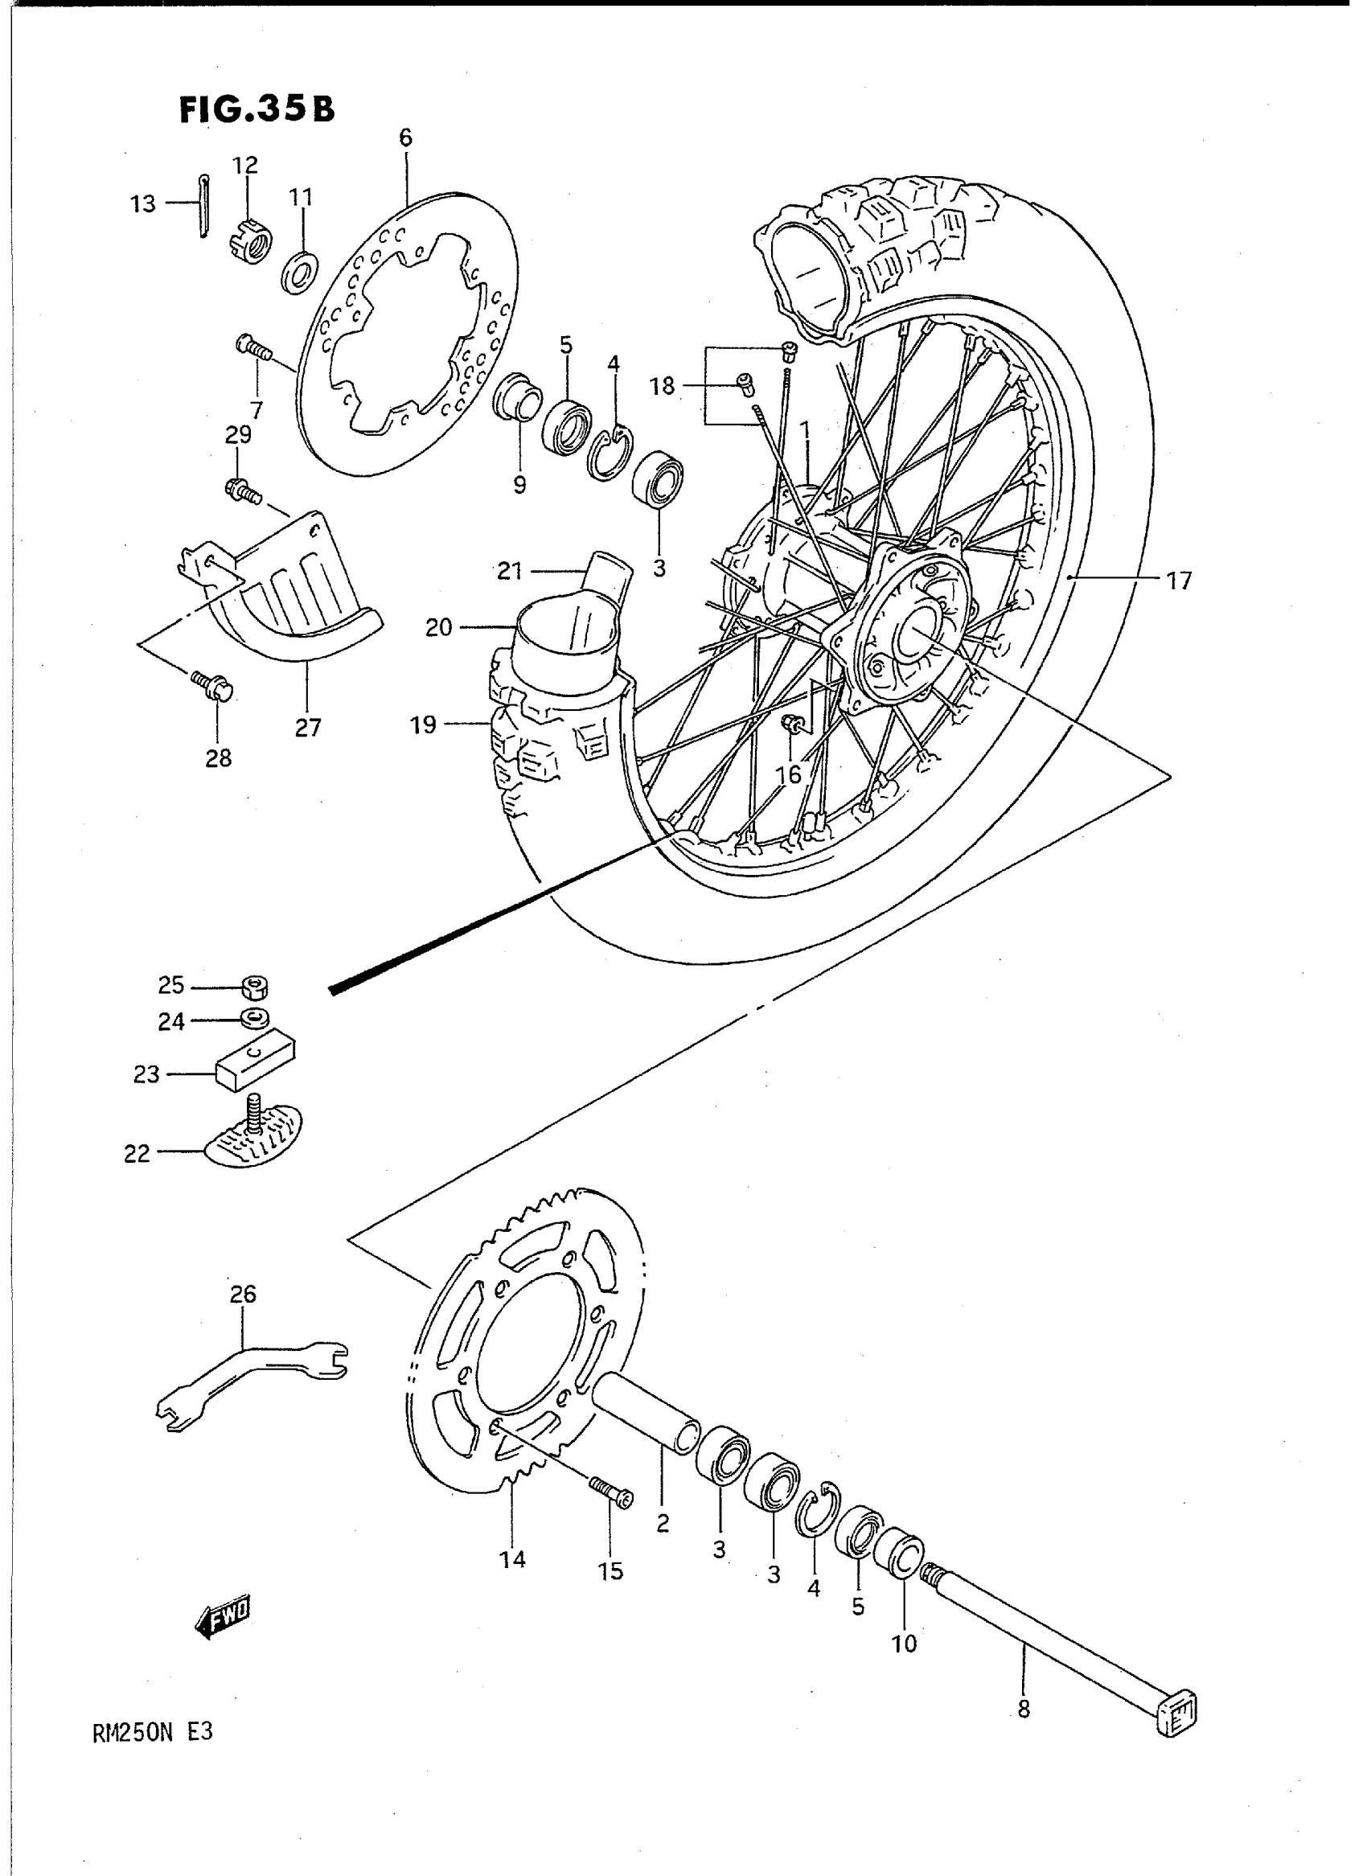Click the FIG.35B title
tap(257, 109)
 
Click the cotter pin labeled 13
tap(203, 206)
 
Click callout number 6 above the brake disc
tap(404, 138)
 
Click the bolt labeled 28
tap(216, 684)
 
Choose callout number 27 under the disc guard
tap(307, 728)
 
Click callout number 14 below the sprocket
tap(512, 1559)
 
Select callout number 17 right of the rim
tap(1178, 581)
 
